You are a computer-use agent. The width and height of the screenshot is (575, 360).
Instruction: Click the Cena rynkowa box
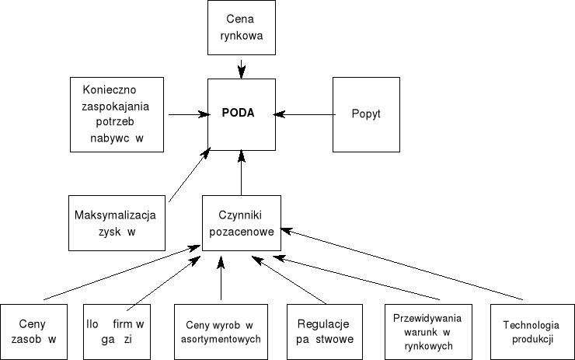click(x=242, y=28)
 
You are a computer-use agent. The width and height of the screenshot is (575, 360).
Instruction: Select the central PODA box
click(x=242, y=114)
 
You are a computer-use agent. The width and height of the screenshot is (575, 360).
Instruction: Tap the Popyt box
click(x=366, y=114)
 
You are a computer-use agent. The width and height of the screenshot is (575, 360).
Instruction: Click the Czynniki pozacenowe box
click(x=241, y=222)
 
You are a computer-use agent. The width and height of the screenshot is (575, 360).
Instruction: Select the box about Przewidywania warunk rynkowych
click(x=423, y=330)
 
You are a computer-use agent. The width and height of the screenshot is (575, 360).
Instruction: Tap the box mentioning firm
click(x=117, y=330)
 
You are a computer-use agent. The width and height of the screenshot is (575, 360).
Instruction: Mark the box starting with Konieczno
click(x=117, y=114)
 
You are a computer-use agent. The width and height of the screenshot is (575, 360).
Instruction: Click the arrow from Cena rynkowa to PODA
click(x=242, y=68)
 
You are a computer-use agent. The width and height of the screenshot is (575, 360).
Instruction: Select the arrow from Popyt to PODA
click(x=305, y=115)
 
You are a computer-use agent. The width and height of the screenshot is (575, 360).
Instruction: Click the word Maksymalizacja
click(x=116, y=215)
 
